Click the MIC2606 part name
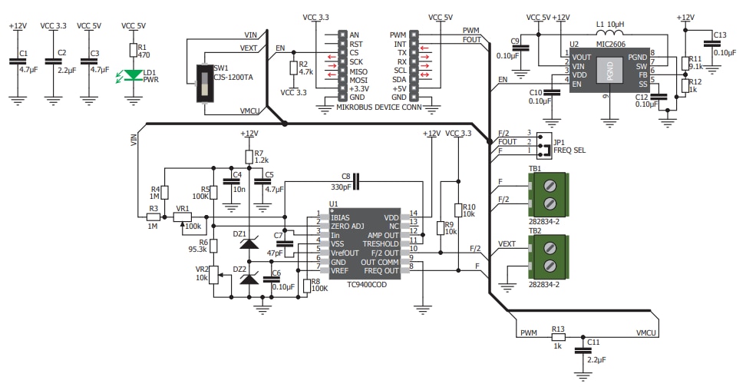pyautogui.click(x=610, y=45)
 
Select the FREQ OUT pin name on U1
pyautogui.click(x=381, y=271)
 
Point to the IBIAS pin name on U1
pyautogui.click(x=341, y=217)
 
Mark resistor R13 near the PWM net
pyautogui.click(x=558, y=336)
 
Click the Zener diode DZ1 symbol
pyautogui.click(x=249, y=243)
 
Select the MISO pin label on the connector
pyautogui.click(x=356, y=71)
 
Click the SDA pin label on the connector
pyautogui.click(x=399, y=79)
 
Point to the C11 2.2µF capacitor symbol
pyautogui.click(x=583, y=349)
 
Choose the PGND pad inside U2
pyautogui.click(x=610, y=73)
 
